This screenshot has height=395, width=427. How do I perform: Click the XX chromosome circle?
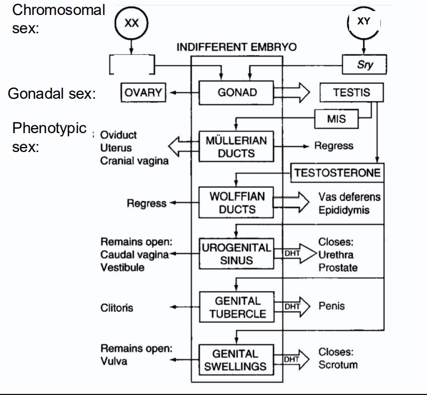pyautogui.click(x=132, y=24)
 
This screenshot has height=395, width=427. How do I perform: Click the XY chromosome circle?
pyautogui.click(x=364, y=22)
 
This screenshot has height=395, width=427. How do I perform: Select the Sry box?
pyautogui.click(x=364, y=65)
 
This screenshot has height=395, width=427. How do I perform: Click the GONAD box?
pyautogui.click(x=237, y=93)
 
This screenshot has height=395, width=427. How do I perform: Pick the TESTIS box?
pyautogui.click(x=351, y=93)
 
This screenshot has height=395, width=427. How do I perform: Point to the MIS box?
pyautogui.click(x=336, y=119)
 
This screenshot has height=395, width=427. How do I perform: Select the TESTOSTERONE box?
pyautogui.click(x=337, y=173)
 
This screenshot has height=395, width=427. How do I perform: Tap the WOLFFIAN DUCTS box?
pyautogui.click(x=237, y=203)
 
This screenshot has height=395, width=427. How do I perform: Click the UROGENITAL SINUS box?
pyautogui.click(x=236, y=254)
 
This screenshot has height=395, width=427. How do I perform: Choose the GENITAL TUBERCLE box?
pyautogui.click(x=237, y=307)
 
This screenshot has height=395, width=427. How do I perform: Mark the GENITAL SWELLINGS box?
pyautogui.click(x=236, y=360)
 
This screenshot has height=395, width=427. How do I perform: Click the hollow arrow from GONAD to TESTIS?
pyautogui.click(x=296, y=93)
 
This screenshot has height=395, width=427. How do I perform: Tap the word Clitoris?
pyautogui.click(x=117, y=307)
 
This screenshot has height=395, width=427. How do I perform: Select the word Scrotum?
pyautogui.click(x=337, y=365)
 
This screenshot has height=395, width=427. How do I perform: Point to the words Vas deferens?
pyautogui.click(x=349, y=197)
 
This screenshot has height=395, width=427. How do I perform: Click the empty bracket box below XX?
pyautogui.click(x=131, y=65)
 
